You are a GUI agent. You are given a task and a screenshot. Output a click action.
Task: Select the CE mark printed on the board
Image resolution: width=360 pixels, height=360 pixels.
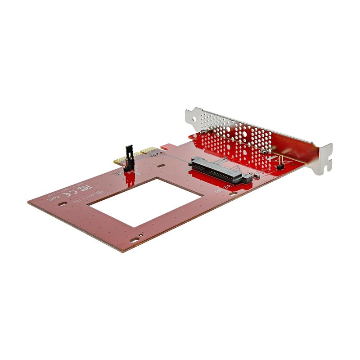(67, 195)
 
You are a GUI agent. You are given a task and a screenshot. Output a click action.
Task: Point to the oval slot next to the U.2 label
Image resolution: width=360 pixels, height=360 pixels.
(233, 194)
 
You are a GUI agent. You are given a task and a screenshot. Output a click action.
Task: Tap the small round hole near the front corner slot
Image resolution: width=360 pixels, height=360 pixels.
(141, 235)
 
